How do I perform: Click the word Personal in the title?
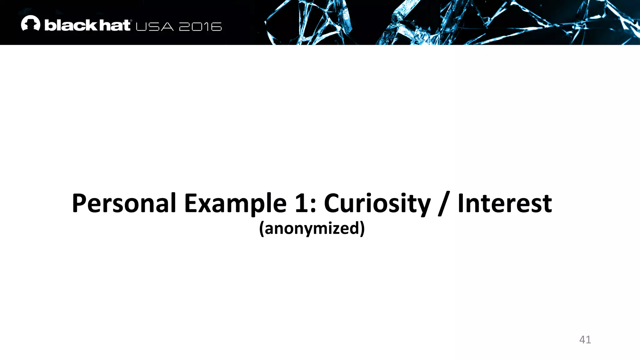[124, 203]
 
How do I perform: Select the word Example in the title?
[235, 203]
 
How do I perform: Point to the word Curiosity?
[377, 203]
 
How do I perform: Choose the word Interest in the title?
[505, 203]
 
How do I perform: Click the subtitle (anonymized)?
[312, 228]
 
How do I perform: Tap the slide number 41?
[585, 339]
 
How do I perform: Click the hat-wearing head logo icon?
[31, 23]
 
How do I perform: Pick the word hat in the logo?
[114, 25]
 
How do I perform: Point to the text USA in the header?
[155, 27]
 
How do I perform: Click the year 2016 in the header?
[200, 27]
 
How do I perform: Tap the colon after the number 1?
[313, 206]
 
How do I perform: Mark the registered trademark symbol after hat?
[131, 21]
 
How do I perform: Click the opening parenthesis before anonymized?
[262, 229]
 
